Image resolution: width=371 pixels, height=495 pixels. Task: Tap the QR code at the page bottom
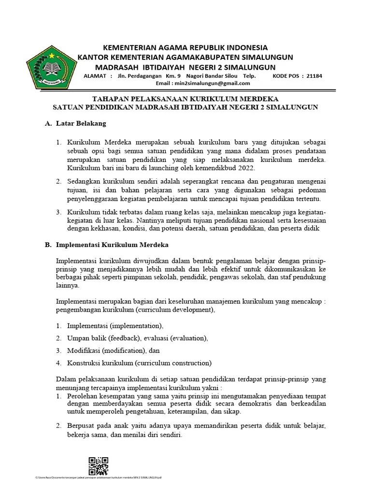98,466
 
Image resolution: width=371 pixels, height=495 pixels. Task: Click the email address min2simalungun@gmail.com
216,83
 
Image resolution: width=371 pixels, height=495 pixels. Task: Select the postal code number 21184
314,76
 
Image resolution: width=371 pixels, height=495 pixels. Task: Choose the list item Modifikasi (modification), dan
114,350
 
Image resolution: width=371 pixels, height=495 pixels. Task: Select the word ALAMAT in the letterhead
97,76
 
